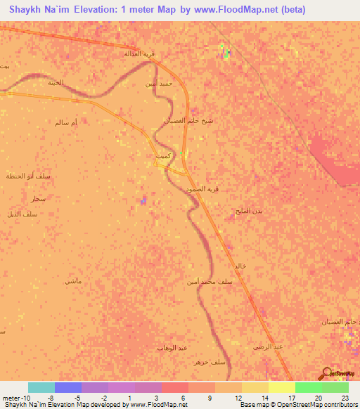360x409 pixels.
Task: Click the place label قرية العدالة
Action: [138, 54]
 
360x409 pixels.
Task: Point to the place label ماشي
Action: [73, 281]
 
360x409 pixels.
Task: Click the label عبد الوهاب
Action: [172, 347]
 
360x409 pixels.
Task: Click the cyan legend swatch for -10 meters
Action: [41, 387]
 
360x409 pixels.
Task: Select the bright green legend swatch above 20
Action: [309, 387]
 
